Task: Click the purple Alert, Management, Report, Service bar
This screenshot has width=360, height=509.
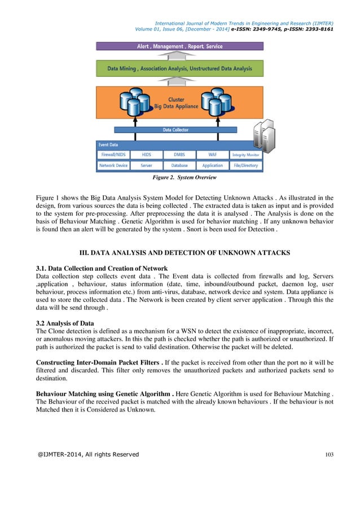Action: coord(179,46)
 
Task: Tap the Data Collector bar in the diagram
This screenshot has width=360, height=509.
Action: coord(176,130)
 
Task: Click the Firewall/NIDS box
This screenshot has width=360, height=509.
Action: coord(113,155)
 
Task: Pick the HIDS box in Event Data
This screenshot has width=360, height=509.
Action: coord(146,155)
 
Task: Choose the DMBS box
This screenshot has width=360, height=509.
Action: coord(179,155)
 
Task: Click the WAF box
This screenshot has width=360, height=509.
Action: coord(212,155)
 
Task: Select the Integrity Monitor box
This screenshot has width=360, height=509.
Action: coord(245,155)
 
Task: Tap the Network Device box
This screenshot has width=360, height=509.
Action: coord(113,166)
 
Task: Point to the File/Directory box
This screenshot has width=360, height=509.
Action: coord(245,166)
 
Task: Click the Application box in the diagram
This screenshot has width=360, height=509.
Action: coord(212,166)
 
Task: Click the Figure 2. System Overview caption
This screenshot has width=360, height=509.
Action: coord(179,178)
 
